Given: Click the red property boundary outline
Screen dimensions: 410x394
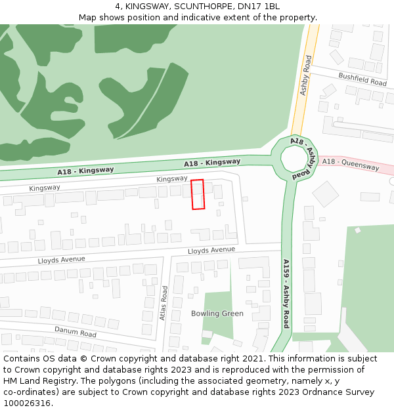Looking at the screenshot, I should [198, 194].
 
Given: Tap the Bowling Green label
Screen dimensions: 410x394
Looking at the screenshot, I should [217, 314].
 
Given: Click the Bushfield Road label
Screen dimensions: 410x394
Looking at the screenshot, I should [362, 79].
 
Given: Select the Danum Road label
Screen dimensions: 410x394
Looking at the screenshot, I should [75, 332].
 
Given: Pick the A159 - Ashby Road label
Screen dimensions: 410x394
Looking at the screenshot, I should [286, 293].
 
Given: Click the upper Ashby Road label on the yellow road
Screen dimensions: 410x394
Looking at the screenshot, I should [305, 75].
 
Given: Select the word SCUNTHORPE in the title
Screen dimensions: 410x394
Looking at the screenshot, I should [200, 6].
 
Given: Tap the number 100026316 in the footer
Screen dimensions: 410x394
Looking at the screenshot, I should [28, 403].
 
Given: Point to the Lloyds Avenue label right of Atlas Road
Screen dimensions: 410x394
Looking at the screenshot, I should [211, 250].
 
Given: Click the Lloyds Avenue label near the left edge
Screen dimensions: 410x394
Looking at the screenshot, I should [62, 260].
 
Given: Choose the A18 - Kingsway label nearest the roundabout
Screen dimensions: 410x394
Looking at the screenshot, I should [212, 162].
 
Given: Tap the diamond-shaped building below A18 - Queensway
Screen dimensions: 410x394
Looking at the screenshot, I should [325, 194].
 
